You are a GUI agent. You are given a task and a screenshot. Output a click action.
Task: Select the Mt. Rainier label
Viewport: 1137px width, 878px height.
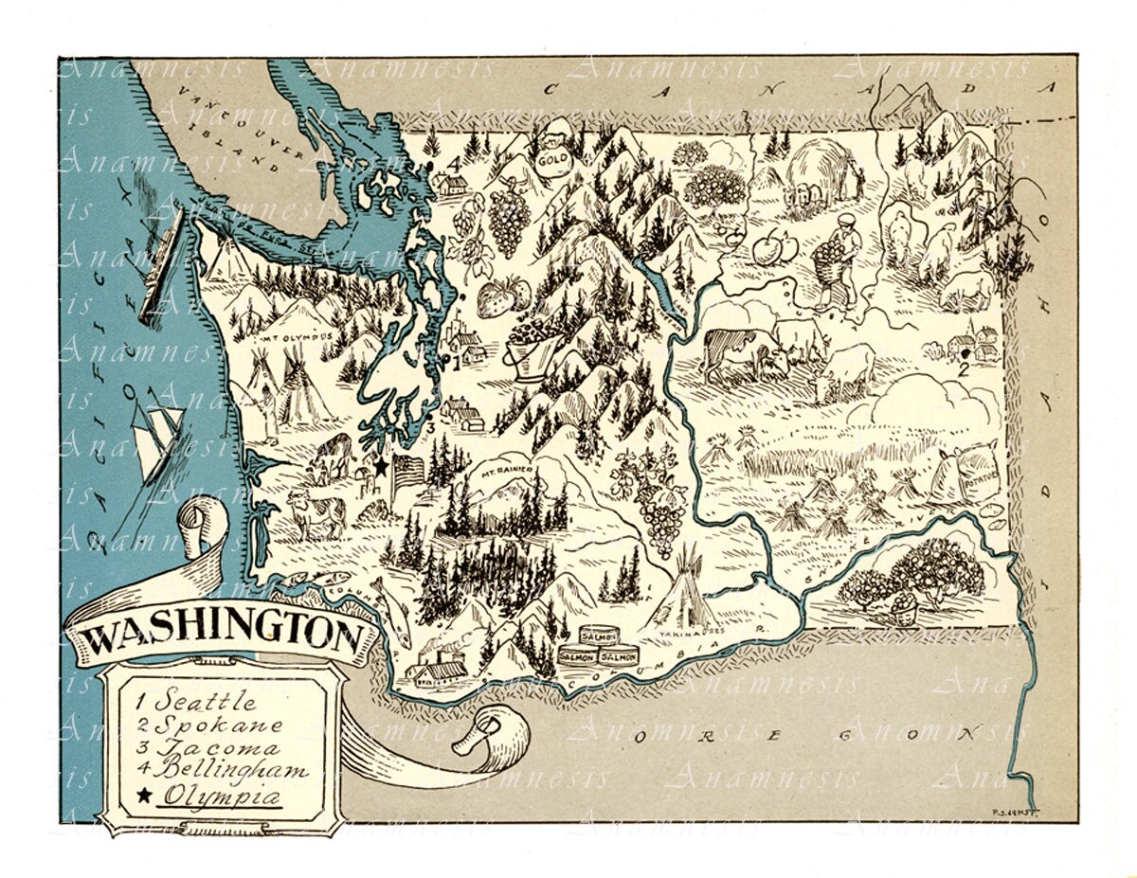point(509,471)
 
